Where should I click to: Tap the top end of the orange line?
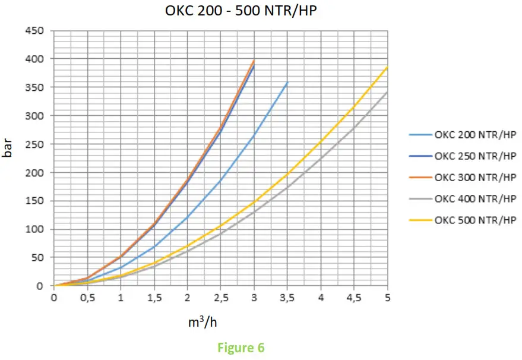(x=254, y=60)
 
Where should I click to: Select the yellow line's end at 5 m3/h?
(x=387, y=67)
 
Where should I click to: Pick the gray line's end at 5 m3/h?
(x=387, y=92)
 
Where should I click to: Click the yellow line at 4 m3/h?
(x=321, y=141)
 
